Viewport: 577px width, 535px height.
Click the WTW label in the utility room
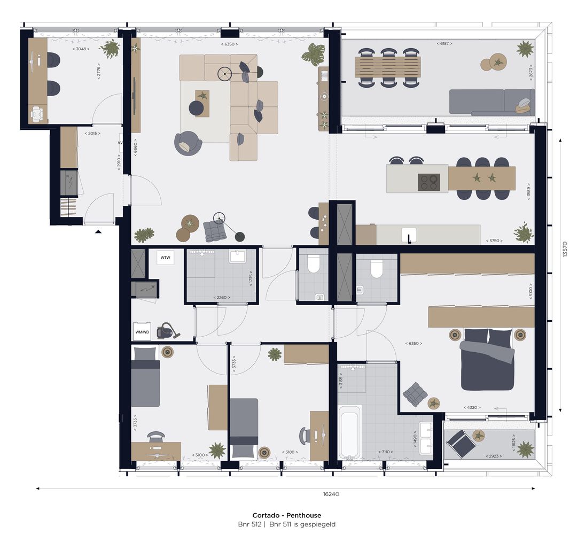point(165,258)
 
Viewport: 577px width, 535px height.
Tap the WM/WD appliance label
point(142,332)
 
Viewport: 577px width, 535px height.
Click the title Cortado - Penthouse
point(287,515)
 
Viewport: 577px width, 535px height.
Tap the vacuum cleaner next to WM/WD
point(165,331)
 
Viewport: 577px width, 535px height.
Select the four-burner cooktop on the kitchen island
point(429,182)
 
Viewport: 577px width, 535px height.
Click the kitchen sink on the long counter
point(410,235)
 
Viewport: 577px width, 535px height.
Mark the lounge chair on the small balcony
point(460,442)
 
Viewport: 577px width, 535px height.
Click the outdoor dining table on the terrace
point(387,67)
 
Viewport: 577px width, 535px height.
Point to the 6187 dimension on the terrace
point(444,43)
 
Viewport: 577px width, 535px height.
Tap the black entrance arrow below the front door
point(98,231)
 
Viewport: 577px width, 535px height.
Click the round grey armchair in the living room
point(188,143)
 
